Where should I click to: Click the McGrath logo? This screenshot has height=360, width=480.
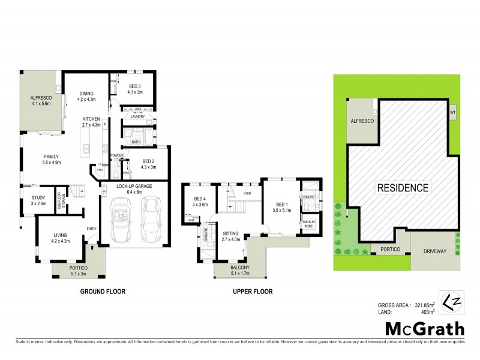coord(424,328)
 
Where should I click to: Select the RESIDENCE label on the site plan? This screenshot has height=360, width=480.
coord(403,188)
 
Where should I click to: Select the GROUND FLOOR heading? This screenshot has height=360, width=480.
coord(103,292)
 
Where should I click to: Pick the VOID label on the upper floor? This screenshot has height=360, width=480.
coord(247,193)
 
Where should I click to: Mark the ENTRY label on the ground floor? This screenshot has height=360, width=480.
coord(91,228)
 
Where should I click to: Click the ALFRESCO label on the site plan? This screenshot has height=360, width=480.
coord(362,121)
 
